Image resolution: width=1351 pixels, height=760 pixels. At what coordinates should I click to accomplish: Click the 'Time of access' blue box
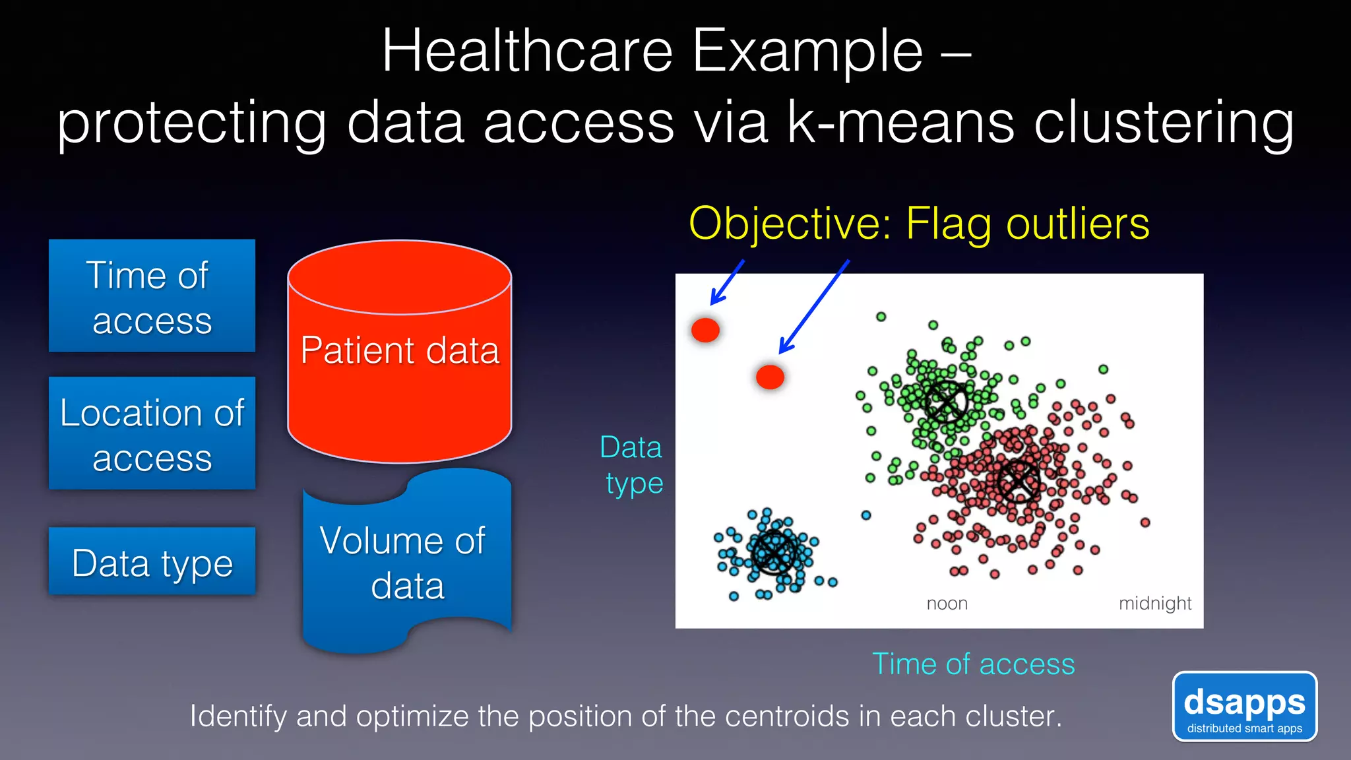pos(152,296)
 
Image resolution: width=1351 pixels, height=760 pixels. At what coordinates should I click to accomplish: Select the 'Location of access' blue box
pos(152,433)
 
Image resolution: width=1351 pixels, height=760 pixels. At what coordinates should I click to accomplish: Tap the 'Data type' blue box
pos(152,561)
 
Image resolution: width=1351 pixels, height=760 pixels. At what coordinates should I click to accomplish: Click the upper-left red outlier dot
pos(705,329)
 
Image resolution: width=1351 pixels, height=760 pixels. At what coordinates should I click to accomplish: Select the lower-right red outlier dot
pos(770,377)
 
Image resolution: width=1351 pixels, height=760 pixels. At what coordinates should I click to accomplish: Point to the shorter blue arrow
pos(727,282)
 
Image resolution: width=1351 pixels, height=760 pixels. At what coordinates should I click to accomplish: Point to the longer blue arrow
pos(814,307)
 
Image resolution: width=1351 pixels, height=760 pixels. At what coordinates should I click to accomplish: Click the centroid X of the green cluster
pos(945,401)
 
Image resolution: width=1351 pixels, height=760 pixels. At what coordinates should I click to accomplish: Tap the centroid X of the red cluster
pos(1018,481)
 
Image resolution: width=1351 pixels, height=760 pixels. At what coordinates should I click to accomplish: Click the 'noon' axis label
pos(947,603)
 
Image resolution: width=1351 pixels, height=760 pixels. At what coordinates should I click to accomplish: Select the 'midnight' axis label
pos(1154,603)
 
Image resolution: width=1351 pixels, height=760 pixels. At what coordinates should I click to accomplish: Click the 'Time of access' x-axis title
pos(973,664)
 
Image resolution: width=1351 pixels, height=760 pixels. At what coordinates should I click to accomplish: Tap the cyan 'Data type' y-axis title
pos(632,465)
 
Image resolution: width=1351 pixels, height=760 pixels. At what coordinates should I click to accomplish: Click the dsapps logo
pos(1244,707)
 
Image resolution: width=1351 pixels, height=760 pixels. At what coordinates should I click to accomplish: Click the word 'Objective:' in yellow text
pos(790,224)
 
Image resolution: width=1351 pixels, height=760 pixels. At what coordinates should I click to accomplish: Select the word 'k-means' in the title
pos(900,123)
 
